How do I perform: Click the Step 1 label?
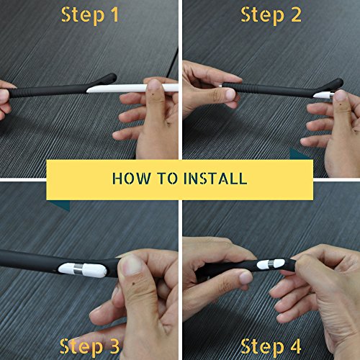pos(90,15)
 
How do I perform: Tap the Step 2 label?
pos(271,15)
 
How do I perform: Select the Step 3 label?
pos(89,346)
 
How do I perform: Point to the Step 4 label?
pos(271,346)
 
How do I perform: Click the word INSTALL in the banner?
pos(215,179)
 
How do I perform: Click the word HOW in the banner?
pos(132,179)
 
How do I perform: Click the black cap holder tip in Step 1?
pos(109,78)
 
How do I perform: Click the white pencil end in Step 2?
pos(323,95)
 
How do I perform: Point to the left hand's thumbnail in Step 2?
pos(230,94)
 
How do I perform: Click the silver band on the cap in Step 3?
pos(78,270)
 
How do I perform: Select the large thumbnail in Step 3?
pos(130,265)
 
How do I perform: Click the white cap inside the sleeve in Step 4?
pos(271,264)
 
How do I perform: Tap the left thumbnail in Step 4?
pos(246,278)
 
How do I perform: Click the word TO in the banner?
pos(168,179)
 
